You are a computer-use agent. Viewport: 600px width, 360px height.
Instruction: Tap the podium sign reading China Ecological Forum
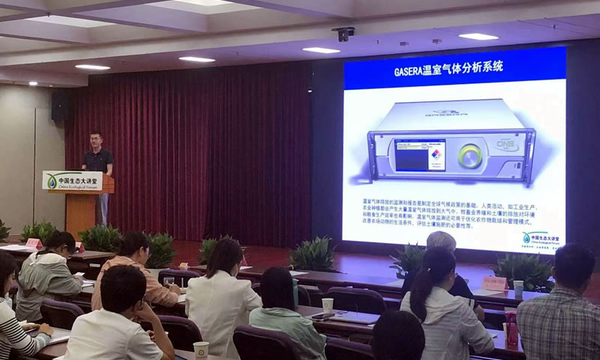(73, 181)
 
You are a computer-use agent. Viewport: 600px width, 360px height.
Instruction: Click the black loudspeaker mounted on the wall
(59, 106)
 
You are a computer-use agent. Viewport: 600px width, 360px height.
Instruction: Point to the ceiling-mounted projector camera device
(343, 34)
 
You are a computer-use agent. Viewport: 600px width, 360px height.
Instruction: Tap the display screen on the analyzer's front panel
(420, 155)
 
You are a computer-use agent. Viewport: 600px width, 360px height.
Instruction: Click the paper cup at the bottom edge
(201, 350)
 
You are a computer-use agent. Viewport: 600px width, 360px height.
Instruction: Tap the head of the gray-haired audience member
(441, 241)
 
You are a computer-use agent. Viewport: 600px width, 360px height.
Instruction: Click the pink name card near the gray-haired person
(495, 283)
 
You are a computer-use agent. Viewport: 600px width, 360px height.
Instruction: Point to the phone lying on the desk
(324, 316)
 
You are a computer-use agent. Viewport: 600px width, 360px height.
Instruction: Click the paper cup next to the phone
(327, 304)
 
